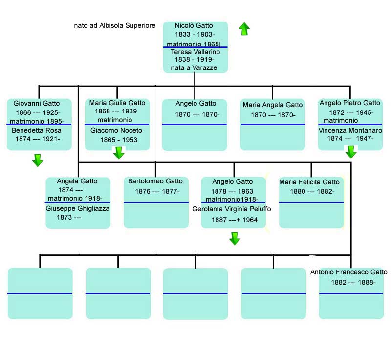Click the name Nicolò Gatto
point(195,25)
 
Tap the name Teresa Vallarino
point(195,52)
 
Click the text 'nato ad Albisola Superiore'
point(114,25)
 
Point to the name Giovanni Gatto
point(37,103)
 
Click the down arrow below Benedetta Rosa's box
point(38,160)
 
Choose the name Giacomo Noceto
point(116,131)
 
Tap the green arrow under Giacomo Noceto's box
point(119,153)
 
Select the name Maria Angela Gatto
point(273,105)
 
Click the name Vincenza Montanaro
point(350,131)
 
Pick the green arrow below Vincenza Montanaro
point(351,153)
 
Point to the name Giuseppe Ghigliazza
point(78,208)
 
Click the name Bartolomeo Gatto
point(155,181)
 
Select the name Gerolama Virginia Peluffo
point(232,209)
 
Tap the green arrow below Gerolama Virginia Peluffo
point(235,238)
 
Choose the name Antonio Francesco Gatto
point(349,272)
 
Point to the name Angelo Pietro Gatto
point(349,103)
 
